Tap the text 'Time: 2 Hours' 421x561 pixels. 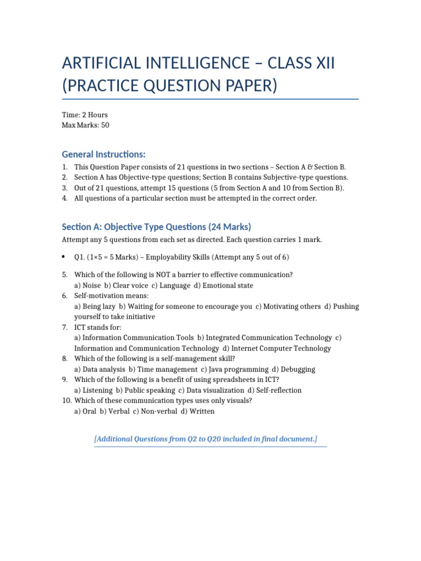point(85,115)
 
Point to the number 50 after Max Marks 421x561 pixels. point(105,125)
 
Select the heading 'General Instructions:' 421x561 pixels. point(104,154)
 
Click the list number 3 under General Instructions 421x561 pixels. point(65,188)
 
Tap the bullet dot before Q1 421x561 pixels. point(65,257)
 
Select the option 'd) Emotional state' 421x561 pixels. point(224,285)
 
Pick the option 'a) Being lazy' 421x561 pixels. point(95,306)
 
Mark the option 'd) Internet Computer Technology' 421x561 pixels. point(277,348)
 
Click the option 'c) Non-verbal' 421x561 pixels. point(154,411)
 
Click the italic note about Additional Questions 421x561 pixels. point(206,439)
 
